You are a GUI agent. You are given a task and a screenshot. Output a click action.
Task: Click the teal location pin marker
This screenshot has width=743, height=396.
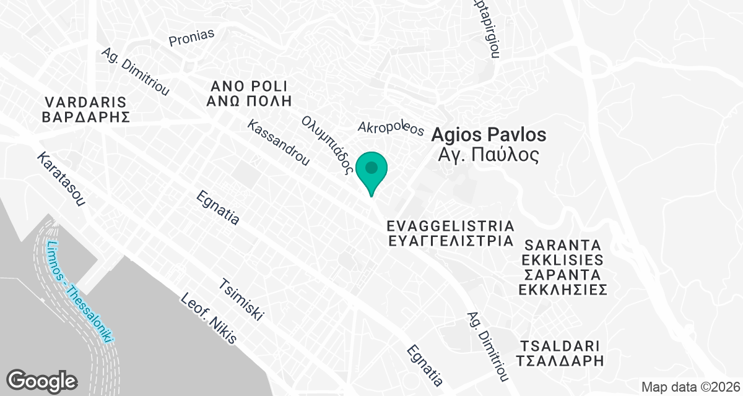[x=371, y=171]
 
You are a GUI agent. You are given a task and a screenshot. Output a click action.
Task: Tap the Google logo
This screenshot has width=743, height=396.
[x=42, y=379]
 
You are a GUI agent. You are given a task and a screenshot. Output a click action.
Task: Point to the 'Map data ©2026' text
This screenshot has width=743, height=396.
[x=690, y=387]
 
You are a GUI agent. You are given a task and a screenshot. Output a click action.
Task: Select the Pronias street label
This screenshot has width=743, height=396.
[x=191, y=37]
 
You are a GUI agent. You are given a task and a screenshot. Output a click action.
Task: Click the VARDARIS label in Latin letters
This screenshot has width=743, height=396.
[x=85, y=102]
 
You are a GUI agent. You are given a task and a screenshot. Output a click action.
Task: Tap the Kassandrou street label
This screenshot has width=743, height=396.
[x=278, y=143]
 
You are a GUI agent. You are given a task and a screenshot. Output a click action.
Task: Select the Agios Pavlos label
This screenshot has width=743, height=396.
[x=489, y=134]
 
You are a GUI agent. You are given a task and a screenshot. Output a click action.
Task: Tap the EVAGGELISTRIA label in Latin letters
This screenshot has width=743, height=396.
[x=450, y=225]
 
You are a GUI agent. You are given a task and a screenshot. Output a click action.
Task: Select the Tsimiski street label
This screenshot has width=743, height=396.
[x=242, y=299]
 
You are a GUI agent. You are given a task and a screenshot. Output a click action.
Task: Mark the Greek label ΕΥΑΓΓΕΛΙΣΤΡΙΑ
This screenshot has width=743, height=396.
[x=450, y=241]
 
